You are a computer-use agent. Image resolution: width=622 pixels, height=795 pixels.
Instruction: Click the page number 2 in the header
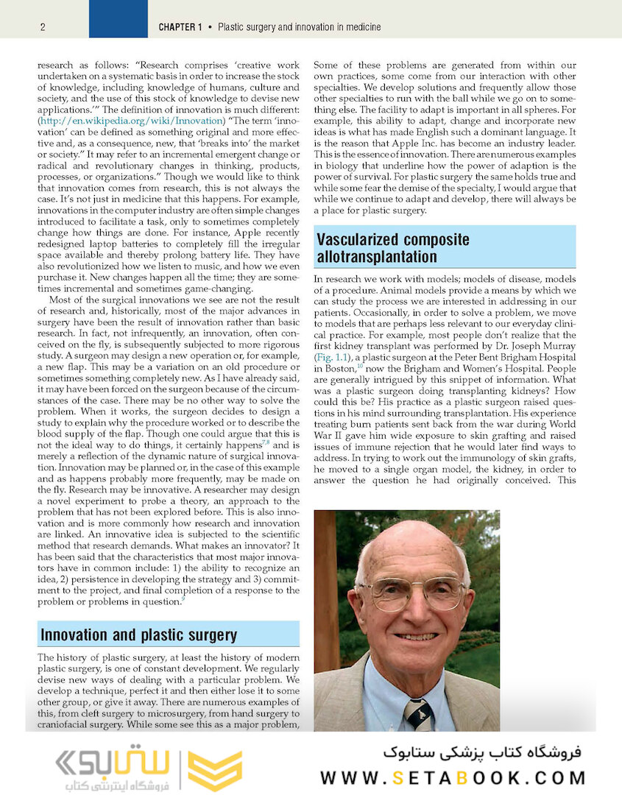[43, 27]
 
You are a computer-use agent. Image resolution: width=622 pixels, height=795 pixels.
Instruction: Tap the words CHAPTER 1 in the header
[180, 27]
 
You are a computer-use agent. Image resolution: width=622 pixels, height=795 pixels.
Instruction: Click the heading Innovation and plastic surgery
[139, 635]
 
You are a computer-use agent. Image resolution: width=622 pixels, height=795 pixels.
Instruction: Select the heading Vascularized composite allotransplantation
[392, 248]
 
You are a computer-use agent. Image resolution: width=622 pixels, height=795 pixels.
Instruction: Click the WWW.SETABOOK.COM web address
[453, 777]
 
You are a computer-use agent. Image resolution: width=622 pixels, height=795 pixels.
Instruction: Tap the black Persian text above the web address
[482, 752]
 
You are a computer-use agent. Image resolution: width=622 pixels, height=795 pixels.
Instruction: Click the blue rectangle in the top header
[118, 18]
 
